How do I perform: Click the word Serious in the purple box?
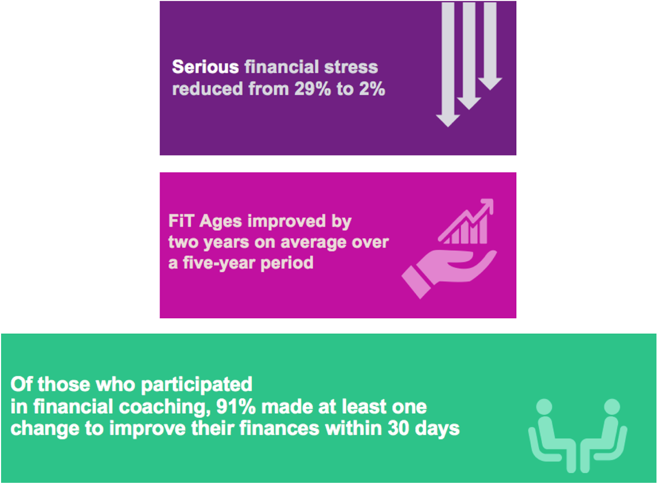pos(205,67)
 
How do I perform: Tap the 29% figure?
pos(312,89)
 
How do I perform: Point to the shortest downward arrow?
pos(490,46)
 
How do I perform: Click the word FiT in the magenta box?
pos(182,221)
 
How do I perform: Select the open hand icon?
pos(448,272)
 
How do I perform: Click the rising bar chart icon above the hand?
pos(466,222)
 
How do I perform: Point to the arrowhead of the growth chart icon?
pos(486,206)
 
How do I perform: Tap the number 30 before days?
pos(398,429)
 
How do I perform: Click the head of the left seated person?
pos(544,407)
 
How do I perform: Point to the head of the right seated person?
pos(611,407)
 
